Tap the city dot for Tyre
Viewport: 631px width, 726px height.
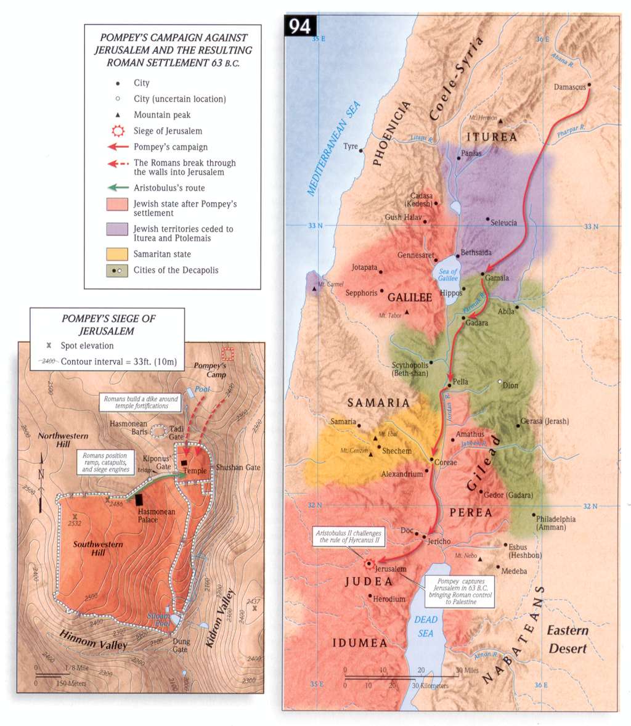[x=361, y=150]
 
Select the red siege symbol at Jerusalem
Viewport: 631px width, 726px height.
[x=368, y=563]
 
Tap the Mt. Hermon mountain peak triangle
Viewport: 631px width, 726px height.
[x=500, y=121]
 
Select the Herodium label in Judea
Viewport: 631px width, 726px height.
[x=389, y=599]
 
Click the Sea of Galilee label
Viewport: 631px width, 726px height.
[x=448, y=275]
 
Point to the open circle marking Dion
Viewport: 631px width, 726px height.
[x=500, y=382]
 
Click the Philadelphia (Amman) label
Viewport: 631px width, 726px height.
[x=555, y=523]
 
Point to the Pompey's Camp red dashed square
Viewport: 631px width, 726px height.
[x=228, y=354]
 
